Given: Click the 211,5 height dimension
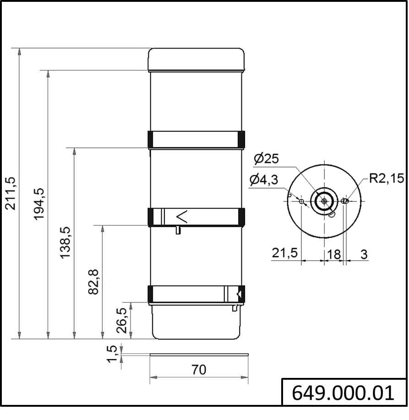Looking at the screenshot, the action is tap(11, 194).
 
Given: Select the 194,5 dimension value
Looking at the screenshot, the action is tap(39, 204).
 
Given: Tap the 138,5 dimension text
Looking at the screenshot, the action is tap(65, 242).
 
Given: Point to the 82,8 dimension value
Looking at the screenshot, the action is tap(93, 282).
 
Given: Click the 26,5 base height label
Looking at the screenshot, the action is tap(121, 320).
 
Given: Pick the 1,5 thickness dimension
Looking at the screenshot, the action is tap(112, 354).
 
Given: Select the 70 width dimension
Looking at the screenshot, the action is tap(199, 370).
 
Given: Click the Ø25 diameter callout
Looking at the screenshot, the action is tap(266, 158).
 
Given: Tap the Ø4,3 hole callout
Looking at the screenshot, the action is tap(263, 179).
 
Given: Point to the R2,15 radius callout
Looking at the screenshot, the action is tap(387, 178).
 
